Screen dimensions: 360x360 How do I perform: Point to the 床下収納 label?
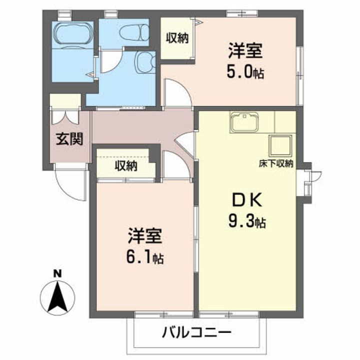[275, 163]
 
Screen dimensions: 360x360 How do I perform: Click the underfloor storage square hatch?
[280, 145]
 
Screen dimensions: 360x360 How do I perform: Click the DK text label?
[245, 200]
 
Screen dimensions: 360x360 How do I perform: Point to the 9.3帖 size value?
[245, 221]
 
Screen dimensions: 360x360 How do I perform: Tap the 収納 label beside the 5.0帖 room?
[177, 37]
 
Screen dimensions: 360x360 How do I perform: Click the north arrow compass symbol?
[58, 295]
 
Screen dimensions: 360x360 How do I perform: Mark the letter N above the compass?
[58, 273]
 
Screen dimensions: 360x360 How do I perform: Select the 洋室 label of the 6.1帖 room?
[144, 235]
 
